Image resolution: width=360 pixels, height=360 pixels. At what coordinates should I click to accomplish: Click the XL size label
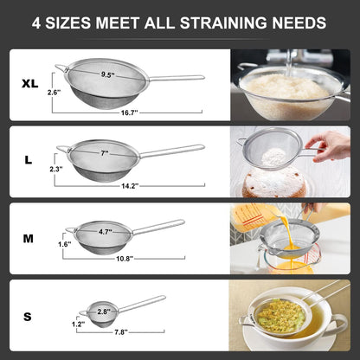pyautogui.click(x=29, y=84)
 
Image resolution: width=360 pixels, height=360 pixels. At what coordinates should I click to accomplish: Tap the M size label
pyautogui.click(x=29, y=238)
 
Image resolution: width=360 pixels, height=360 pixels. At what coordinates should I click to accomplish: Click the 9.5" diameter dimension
pyautogui.click(x=107, y=75)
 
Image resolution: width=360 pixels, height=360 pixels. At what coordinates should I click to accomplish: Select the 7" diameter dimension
pyautogui.click(x=103, y=152)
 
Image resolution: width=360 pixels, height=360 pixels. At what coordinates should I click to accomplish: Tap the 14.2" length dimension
pyautogui.click(x=130, y=184)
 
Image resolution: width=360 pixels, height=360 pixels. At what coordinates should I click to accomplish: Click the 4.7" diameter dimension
pyautogui.click(x=104, y=232)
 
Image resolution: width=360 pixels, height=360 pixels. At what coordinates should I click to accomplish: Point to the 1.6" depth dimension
pyautogui.click(x=64, y=245)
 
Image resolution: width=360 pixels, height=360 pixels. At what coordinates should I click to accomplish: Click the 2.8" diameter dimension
pyautogui.click(x=102, y=311)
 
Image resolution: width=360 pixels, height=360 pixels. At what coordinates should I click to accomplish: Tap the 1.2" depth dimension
pyautogui.click(x=79, y=323)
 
